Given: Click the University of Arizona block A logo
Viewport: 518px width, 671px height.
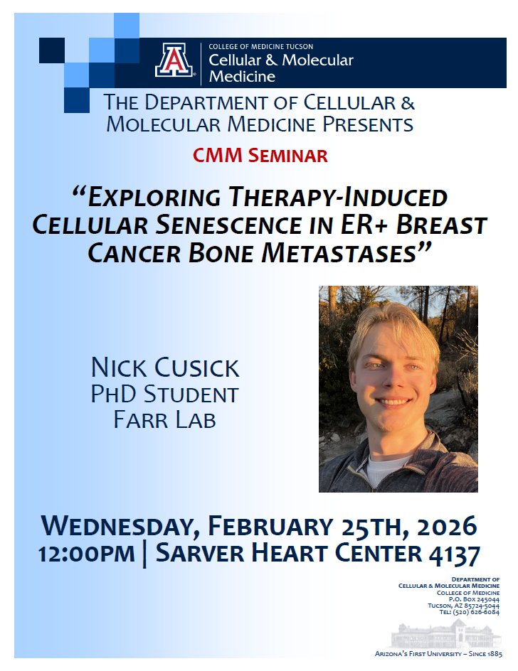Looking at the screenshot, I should pyautogui.click(x=174, y=60).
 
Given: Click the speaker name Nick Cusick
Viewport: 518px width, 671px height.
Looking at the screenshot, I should pyautogui.click(x=165, y=368).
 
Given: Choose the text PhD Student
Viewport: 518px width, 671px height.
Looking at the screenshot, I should pyautogui.click(x=164, y=394).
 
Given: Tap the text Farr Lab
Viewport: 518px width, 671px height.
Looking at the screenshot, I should pyautogui.click(x=164, y=419).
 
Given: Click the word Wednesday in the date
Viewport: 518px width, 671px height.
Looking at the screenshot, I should pyautogui.click(x=117, y=527).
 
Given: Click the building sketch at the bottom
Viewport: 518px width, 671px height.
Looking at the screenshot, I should pyautogui.click(x=447, y=634).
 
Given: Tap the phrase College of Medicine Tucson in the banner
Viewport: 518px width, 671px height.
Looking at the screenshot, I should pyautogui.click(x=260, y=47).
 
